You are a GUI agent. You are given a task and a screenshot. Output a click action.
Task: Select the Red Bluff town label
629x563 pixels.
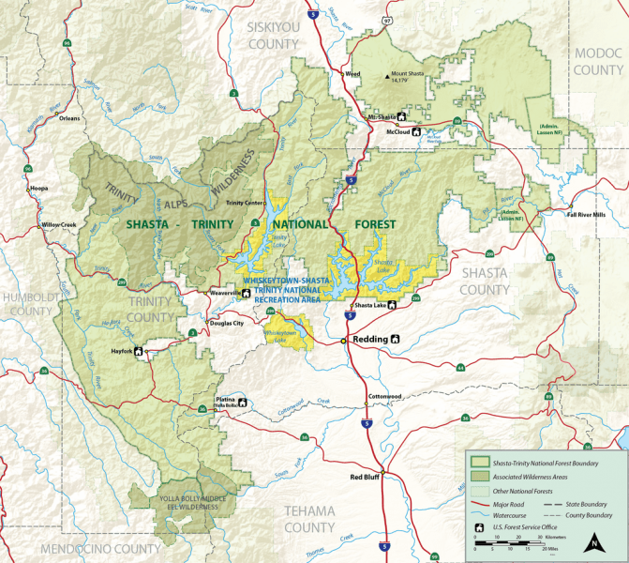pyautogui.click(x=365, y=478)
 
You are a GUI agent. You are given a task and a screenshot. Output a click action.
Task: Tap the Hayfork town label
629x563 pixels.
pyautogui.click(x=121, y=352)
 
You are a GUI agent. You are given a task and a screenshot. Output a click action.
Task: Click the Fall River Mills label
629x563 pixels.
pyautogui.click(x=587, y=215)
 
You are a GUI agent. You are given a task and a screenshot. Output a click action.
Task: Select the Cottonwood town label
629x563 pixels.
pyautogui.click(x=384, y=396)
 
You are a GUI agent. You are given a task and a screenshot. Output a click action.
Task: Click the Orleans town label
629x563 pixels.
pyautogui.click(x=67, y=119)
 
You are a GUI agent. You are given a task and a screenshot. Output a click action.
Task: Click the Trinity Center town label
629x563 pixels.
pyautogui.click(x=245, y=202)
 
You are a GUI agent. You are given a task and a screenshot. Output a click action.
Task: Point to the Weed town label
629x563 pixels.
pyautogui.click(x=352, y=73)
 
